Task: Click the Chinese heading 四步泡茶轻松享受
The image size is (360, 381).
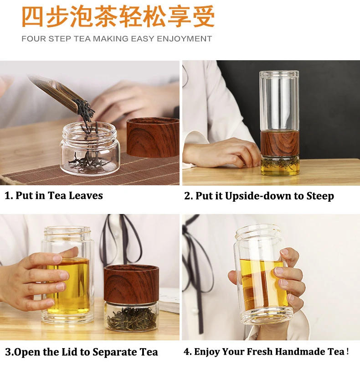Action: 118,17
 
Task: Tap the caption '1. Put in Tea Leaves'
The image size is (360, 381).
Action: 54,196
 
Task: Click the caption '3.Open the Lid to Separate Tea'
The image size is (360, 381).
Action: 82,352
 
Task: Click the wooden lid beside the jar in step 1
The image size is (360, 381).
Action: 153,137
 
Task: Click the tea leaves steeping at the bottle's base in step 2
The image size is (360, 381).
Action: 280,165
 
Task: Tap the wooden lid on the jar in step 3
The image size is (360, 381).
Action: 130,283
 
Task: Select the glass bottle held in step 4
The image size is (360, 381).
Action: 262,278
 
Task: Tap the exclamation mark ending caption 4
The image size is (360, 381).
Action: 348,352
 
